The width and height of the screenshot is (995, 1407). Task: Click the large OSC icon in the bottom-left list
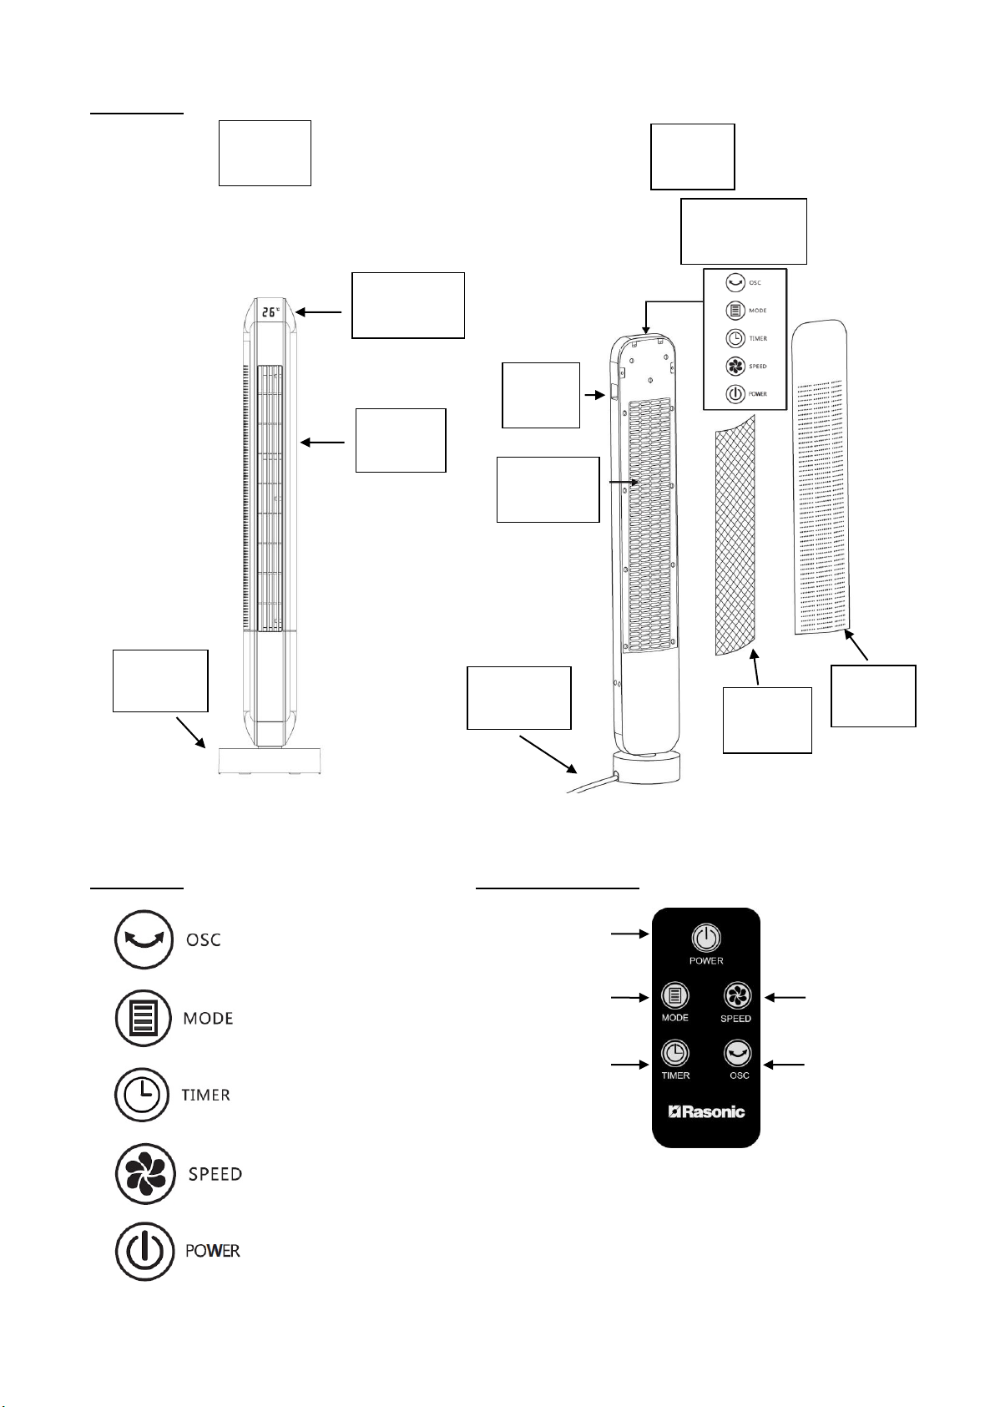144,939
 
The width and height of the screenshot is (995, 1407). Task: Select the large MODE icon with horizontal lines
144,1018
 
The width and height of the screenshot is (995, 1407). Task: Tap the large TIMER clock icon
144,1095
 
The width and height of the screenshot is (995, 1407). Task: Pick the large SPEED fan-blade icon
144,1174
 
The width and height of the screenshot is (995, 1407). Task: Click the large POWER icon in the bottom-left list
144,1251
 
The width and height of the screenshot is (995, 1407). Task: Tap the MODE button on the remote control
674,996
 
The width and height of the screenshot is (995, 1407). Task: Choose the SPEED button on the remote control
737,996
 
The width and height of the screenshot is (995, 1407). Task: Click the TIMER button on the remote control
674,1053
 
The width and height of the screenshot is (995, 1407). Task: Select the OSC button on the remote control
738,1053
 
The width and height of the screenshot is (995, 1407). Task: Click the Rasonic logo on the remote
706,1111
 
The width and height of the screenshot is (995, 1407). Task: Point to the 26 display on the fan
270,313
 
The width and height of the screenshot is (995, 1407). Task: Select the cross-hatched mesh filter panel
735,534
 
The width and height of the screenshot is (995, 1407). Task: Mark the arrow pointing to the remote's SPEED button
785,996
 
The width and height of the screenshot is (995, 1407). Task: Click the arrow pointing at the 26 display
319,312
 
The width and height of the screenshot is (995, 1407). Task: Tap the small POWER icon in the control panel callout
735,393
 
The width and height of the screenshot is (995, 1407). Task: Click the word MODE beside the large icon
208,1019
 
